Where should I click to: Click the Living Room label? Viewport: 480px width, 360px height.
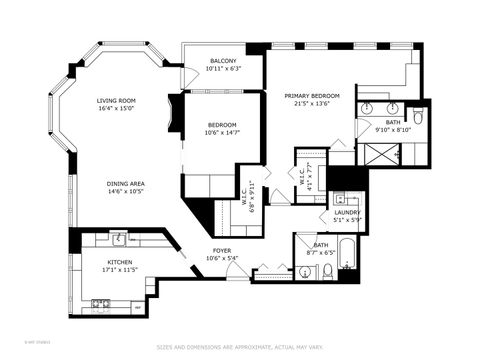(116, 100)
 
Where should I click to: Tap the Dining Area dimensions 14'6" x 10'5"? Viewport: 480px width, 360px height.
(127, 191)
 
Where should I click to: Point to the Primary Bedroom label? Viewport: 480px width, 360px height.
(312, 95)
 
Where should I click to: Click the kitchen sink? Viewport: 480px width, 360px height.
(119, 239)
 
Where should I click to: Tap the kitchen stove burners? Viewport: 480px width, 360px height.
(100, 302)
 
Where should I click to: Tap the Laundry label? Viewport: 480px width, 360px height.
(346, 212)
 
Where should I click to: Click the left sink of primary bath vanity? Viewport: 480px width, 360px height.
(367, 106)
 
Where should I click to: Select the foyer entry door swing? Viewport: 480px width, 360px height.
(235, 270)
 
